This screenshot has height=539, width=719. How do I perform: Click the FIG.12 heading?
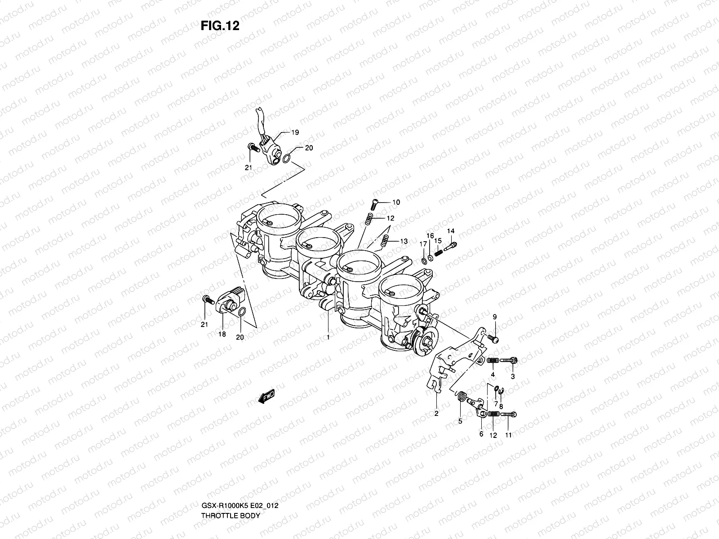220,26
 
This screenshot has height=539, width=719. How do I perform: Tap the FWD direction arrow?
266,396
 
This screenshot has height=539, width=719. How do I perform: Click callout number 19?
295,133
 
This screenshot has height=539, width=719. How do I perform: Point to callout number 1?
328,336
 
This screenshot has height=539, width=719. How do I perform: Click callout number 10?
395,203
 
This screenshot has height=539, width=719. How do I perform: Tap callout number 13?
403,242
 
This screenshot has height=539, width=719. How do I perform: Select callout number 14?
451,231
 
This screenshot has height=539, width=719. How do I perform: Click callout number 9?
494,317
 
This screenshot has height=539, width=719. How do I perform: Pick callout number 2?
436,414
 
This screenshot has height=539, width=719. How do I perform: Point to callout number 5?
460,421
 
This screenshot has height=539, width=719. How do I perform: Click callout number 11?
508,435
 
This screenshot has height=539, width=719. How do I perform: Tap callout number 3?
512,376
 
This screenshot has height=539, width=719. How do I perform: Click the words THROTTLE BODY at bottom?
231,490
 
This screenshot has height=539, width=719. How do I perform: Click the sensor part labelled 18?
231,304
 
